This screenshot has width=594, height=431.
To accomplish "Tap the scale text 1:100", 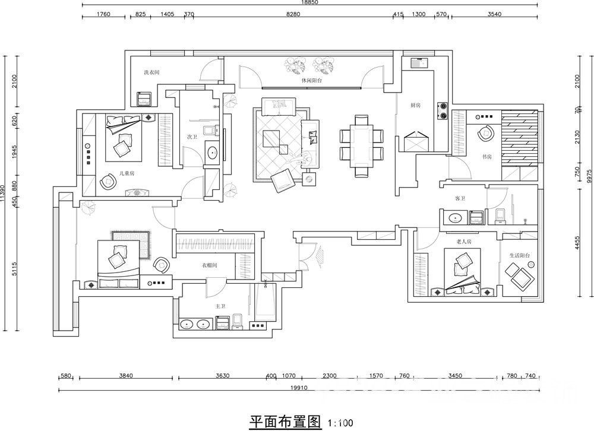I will pos(340,423).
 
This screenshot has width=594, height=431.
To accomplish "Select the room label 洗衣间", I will pos(151,72).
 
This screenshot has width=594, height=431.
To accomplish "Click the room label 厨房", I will pos(415,105).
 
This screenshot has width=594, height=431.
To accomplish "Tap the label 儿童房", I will pos(127,173).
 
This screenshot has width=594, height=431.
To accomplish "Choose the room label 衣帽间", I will pos(209,265).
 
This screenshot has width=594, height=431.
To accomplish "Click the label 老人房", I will pos(463,242).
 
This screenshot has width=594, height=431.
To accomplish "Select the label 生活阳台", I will pos(519,255).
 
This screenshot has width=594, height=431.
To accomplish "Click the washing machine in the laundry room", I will pos(144,98).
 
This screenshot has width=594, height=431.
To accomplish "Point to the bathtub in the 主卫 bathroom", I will pos(265,303).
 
